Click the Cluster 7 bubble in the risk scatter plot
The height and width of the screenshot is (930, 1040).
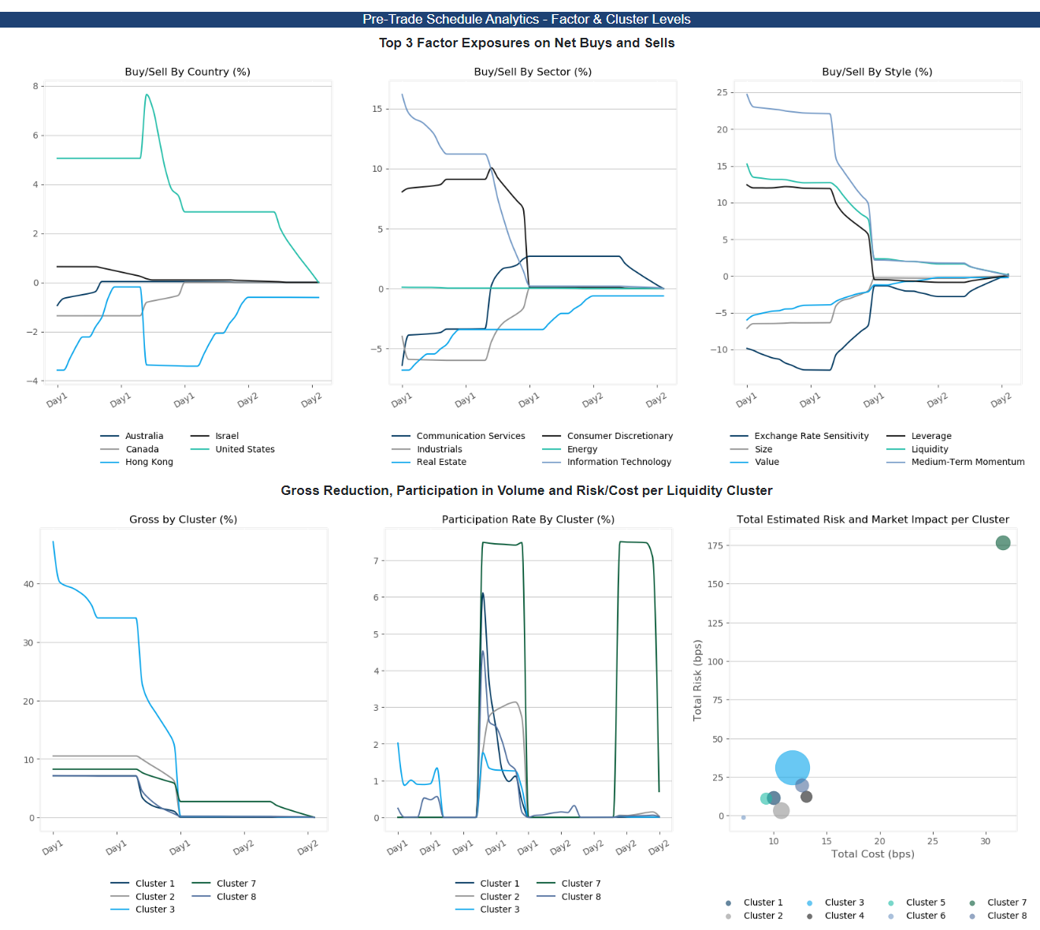1002,543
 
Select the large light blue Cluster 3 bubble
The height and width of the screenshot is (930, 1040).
792,768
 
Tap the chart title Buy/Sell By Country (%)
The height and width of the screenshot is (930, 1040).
188,72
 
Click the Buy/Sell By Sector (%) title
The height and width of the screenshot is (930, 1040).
533,72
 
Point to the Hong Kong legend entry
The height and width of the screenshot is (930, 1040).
149,462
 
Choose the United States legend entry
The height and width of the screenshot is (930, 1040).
245,449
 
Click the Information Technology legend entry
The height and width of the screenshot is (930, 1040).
618,462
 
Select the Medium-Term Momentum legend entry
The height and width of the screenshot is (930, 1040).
968,462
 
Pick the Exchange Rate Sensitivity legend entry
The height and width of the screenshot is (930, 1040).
811,436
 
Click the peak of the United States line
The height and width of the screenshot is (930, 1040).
147,95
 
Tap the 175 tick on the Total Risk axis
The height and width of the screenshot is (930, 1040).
715,545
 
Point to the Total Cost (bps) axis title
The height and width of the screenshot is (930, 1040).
872,854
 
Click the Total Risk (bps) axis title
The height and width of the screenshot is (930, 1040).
697,680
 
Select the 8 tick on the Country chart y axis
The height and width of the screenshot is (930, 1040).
35,86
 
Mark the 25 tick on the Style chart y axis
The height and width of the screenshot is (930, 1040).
722,92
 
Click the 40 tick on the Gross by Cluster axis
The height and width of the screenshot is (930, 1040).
29,584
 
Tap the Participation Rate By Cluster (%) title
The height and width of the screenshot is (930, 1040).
528,519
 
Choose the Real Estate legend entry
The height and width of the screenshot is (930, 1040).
441,462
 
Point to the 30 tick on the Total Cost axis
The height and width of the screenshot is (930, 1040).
985,841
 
